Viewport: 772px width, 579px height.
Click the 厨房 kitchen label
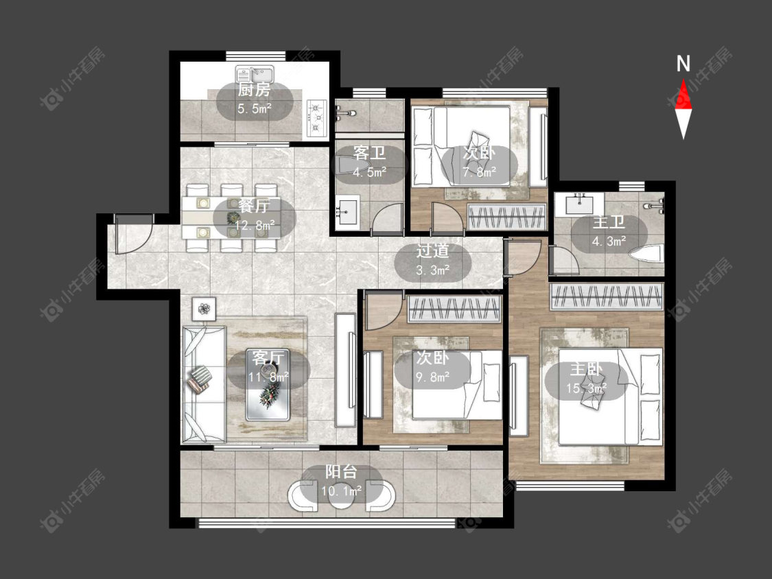click(x=254, y=90)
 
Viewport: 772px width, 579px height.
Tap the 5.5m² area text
click(x=255, y=109)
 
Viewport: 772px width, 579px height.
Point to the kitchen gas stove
click(x=317, y=118)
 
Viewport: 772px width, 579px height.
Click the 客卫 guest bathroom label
click(x=369, y=153)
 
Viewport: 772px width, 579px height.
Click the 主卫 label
click(x=609, y=222)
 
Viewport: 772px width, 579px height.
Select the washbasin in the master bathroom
click(x=579, y=204)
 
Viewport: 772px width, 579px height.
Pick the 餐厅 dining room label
click(x=254, y=206)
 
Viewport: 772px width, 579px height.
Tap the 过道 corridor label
click(x=432, y=250)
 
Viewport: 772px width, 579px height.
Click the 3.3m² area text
click(x=433, y=270)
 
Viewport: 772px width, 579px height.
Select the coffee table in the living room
click(x=268, y=385)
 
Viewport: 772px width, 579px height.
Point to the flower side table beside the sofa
click(x=204, y=309)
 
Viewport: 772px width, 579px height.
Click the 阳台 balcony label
click(x=340, y=472)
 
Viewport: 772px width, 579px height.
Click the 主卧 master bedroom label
click(x=586, y=369)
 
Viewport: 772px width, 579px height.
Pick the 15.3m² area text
click(x=586, y=388)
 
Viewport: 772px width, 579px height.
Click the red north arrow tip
click(x=683, y=80)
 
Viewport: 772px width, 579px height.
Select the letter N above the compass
click(x=683, y=64)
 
